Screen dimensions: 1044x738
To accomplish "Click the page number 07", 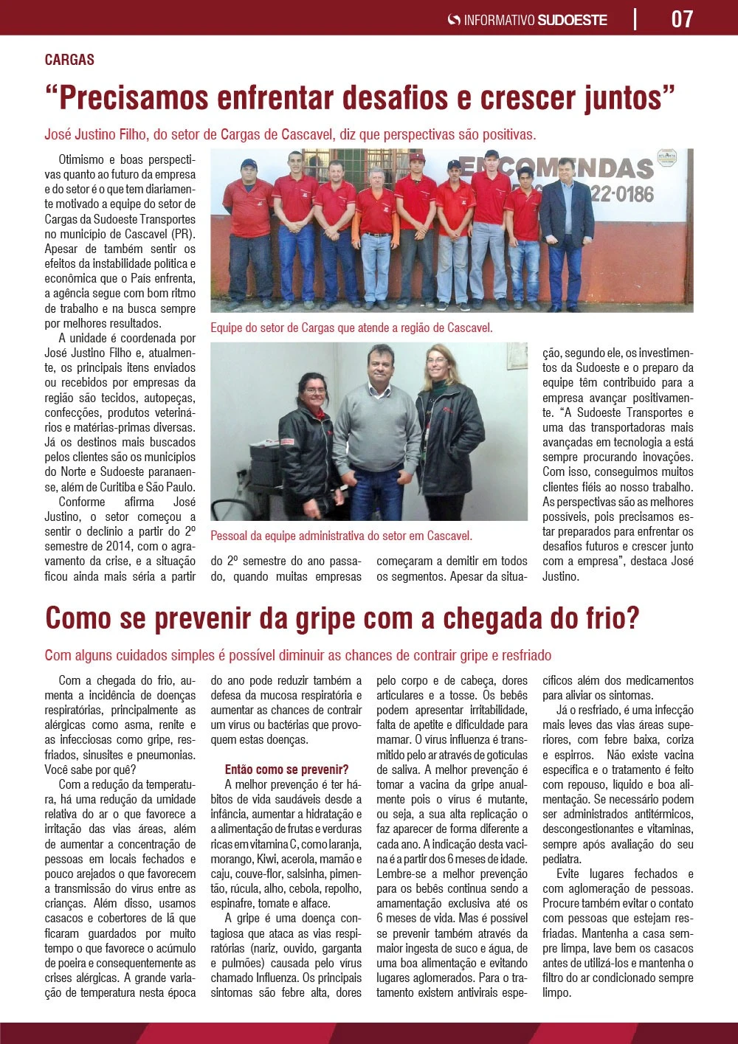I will [x=682, y=18].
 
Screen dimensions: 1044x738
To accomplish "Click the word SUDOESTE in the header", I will [x=572, y=20].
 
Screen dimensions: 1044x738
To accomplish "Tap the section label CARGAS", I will [x=69, y=60].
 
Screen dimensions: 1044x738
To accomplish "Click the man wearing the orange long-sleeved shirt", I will [x=376, y=236].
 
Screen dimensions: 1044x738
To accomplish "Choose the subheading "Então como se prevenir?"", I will [x=286, y=770].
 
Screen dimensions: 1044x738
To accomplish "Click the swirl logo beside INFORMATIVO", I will [x=454, y=20].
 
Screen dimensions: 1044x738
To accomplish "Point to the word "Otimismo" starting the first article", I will [x=81, y=159].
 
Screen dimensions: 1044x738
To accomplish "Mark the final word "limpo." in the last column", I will [x=556, y=992].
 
